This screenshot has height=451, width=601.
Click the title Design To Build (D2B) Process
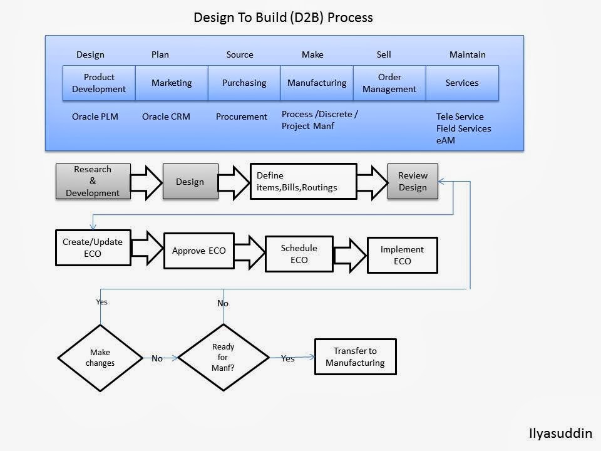point(283,18)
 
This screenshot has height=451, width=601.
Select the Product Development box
point(99,83)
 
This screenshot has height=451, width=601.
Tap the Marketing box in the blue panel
point(172,83)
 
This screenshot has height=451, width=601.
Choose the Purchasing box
point(244,83)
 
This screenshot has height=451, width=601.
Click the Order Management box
point(389,83)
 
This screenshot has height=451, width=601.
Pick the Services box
point(462,83)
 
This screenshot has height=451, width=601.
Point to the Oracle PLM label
point(95,117)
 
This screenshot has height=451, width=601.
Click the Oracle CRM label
point(166,117)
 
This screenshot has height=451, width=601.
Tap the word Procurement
point(242,117)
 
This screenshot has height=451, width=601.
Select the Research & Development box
point(93,182)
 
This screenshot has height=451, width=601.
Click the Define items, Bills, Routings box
point(303,182)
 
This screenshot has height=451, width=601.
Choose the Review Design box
point(413,182)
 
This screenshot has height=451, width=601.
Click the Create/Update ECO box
point(93,248)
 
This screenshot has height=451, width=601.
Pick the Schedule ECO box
point(299,254)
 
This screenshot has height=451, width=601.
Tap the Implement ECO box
point(402,255)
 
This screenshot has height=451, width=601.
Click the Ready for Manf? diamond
point(223,358)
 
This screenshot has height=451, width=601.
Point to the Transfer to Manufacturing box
point(355,357)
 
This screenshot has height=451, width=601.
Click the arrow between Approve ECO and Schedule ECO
point(249,251)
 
